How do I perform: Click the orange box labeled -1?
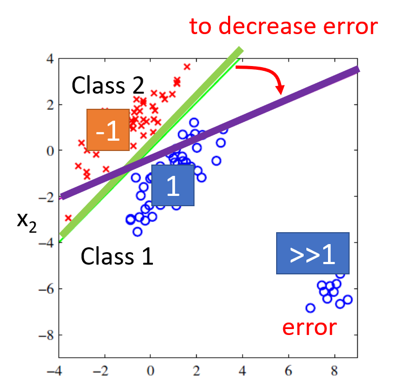(108, 130)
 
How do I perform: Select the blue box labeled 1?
(172, 186)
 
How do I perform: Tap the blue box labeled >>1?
(312, 253)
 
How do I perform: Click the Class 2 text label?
(108, 85)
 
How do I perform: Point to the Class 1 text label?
(117, 255)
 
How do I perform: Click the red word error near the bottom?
(310, 327)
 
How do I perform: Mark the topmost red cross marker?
(187, 67)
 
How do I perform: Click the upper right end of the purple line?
(357, 69)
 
